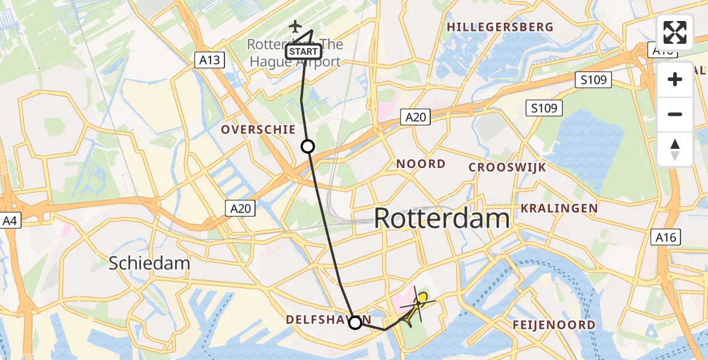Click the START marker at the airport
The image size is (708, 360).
[x=304, y=52]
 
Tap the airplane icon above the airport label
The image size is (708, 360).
[x=295, y=26]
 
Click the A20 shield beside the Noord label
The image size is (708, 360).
[x=415, y=117]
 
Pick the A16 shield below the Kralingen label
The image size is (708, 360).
[x=665, y=237]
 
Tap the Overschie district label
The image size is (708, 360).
[x=258, y=130]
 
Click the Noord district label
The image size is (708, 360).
[x=421, y=164]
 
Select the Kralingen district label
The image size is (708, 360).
[x=559, y=208]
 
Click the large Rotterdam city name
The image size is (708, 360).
[x=442, y=218]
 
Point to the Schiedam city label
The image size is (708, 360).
[x=149, y=263]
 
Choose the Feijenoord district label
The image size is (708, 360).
[x=554, y=325]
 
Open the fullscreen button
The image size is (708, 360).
[x=675, y=32]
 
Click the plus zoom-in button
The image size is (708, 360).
[x=675, y=79]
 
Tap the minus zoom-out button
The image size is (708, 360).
[x=675, y=114]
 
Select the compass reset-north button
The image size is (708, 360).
[x=675, y=149]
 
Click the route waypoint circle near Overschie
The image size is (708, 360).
[x=308, y=146]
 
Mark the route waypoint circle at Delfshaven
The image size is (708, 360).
[x=355, y=323]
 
